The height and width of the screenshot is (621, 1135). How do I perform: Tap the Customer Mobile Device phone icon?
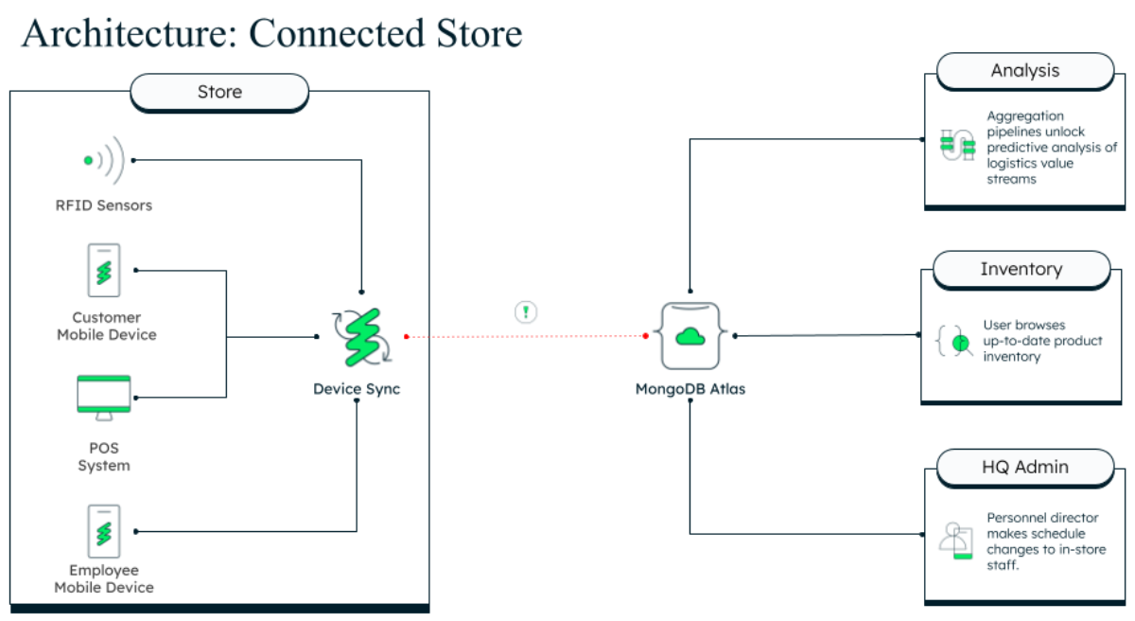click(104, 271)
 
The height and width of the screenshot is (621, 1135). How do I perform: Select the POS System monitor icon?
click(104, 398)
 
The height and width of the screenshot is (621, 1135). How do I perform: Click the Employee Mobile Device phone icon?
click(104, 531)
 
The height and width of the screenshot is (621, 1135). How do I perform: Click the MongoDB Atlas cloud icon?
click(690, 336)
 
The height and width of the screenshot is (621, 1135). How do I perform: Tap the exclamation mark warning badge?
click(526, 311)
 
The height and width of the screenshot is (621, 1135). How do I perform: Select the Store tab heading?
click(219, 92)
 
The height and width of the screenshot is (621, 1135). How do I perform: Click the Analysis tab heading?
click(1024, 71)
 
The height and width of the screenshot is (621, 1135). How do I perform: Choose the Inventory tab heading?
click(1021, 269)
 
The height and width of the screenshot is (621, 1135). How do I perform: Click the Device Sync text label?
click(357, 389)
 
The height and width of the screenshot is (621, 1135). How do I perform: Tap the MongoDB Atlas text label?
click(690, 389)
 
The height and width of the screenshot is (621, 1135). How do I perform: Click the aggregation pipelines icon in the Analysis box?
click(957, 146)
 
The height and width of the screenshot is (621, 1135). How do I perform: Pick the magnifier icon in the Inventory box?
click(957, 341)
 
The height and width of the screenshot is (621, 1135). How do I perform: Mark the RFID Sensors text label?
click(103, 205)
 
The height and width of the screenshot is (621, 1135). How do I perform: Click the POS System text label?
click(104, 456)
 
